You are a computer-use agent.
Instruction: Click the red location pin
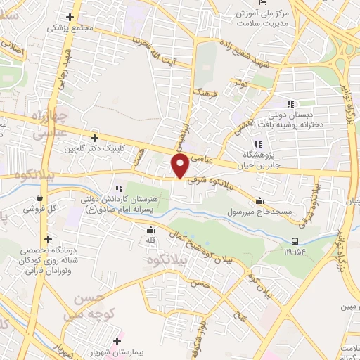coord(179,166)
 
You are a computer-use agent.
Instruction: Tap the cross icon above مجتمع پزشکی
coord(70,18)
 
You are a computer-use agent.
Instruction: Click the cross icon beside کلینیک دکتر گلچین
coord(94,139)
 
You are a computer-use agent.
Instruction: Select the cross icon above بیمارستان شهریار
coord(117,341)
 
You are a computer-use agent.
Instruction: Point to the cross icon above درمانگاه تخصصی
coord(47,240)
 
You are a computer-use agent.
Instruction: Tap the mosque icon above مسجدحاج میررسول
coord(260,200)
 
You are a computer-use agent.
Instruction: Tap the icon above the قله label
coord(149,229)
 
